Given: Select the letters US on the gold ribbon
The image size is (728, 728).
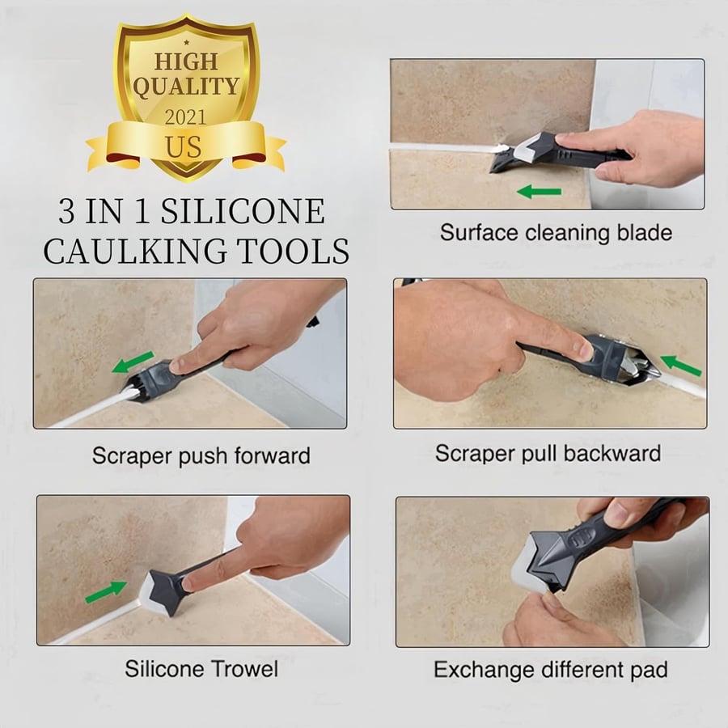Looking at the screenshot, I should click(185, 148).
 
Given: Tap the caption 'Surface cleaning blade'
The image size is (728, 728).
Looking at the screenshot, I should click(556, 233).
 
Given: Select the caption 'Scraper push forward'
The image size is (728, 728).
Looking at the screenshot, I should click(201, 455).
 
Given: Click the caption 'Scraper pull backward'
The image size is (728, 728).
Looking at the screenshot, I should click(548, 453).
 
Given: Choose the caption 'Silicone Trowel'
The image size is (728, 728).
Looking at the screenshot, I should click(201, 669).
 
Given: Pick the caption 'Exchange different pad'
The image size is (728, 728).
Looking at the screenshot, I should click(551, 670).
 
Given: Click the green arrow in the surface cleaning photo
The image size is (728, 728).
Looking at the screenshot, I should click(540, 192).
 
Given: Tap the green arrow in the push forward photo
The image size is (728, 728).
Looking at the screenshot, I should click(133, 362).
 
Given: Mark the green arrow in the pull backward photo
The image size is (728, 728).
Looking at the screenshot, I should click(681, 366).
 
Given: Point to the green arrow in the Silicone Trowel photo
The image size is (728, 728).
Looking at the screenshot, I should click(107, 592).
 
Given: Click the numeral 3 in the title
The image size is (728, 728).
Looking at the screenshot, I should click(69, 212).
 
